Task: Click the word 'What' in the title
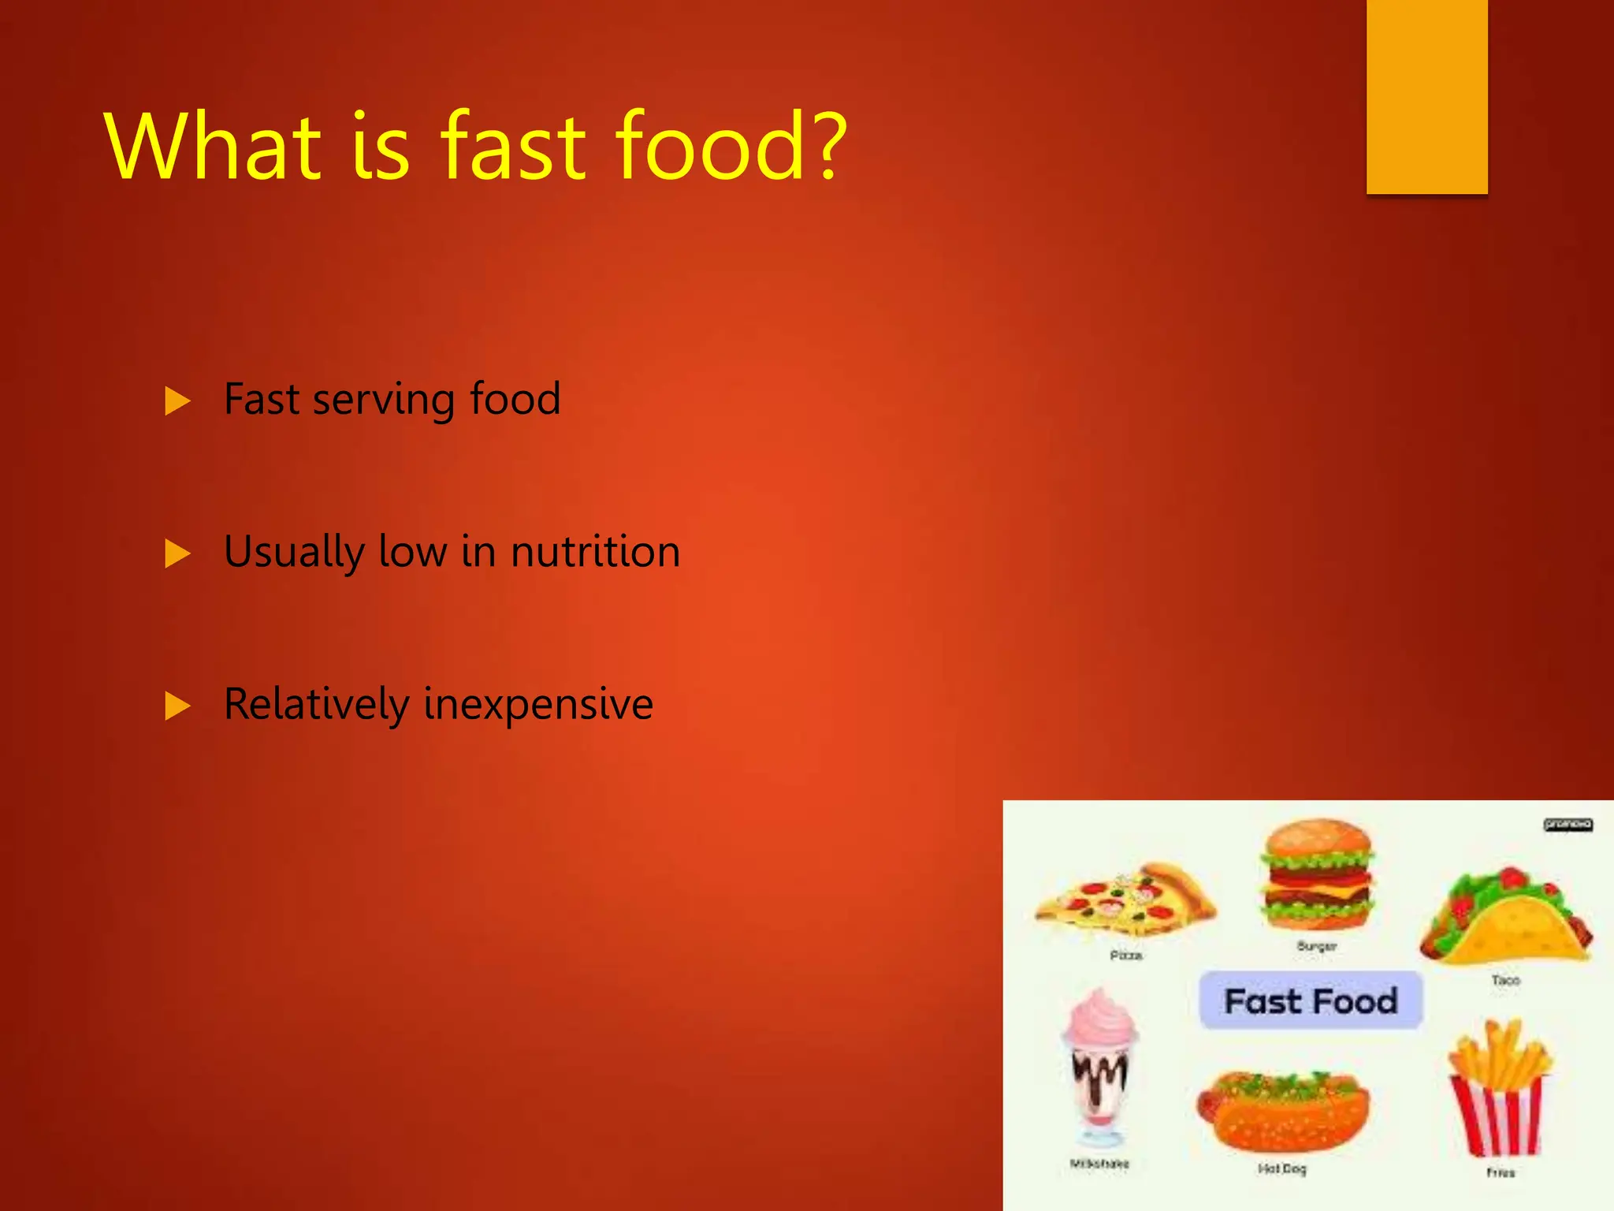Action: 213,147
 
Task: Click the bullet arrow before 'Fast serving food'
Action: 177,401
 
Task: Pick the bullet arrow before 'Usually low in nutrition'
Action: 177,553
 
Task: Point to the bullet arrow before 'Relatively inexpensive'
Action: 177,706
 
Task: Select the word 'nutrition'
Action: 595,551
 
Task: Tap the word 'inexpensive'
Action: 538,704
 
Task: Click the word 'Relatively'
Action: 317,704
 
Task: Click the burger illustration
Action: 1317,875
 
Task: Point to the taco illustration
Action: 1505,918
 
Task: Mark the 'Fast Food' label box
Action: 1311,1000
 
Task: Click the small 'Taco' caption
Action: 1505,980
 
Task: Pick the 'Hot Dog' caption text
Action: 1282,1168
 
